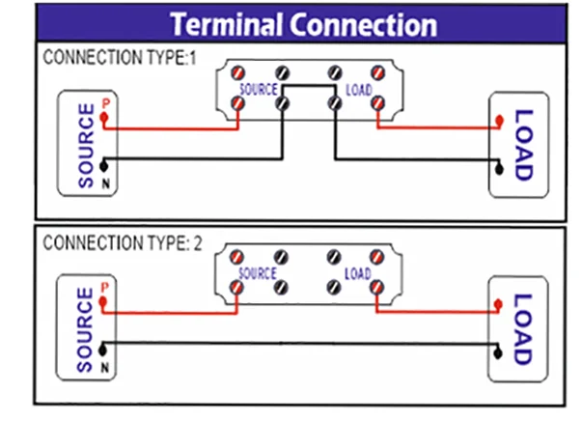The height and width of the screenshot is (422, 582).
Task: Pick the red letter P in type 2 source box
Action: coord(104,288)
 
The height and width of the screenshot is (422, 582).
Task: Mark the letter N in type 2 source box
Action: coord(104,364)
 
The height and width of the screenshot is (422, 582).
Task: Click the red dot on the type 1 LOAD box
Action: coord(499,121)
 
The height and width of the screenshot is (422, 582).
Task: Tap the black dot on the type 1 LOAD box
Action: coord(499,170)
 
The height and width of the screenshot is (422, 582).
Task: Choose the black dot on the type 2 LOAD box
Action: coord(499,352)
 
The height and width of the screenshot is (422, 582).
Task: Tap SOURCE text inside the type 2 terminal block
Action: coord(255,273)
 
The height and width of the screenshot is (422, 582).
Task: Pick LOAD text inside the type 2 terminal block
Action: coord(357,273)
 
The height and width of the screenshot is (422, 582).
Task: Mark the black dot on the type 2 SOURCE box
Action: coord(103,344)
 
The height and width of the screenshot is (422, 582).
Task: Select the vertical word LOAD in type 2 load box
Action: coord(522,329)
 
